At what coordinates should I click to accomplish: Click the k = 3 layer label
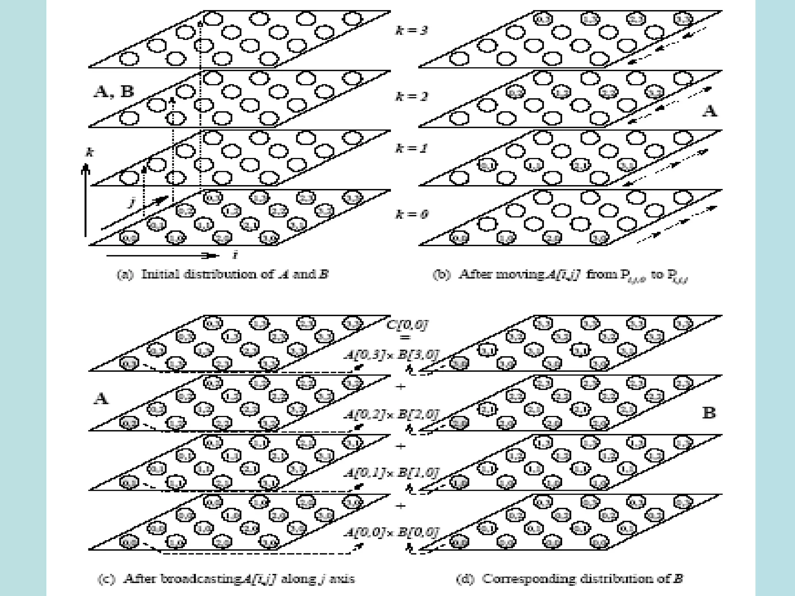pyautogui.click(x=411, y=30)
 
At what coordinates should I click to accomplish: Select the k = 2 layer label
pyautogui.click(x=411, y=96)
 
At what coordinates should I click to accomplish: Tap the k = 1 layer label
pyautogui.click(x=411, y=148)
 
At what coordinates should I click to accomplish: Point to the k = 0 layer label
pyautogui.click(x=411, y=214)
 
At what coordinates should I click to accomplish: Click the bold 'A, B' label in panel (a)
pyautogui.click(x=114, y=92)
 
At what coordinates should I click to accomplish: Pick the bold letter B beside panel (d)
pyautogui.click(x=709, y=413)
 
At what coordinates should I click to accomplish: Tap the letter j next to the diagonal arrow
pyautogui.click(x=132, y=202)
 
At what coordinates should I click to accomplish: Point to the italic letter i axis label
pyautogui.click(x=234, y=255)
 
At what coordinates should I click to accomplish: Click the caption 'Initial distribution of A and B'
pyautogui.click(x=222, y=275)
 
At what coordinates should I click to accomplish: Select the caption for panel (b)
pyautogui.click(x=560, y=275)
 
